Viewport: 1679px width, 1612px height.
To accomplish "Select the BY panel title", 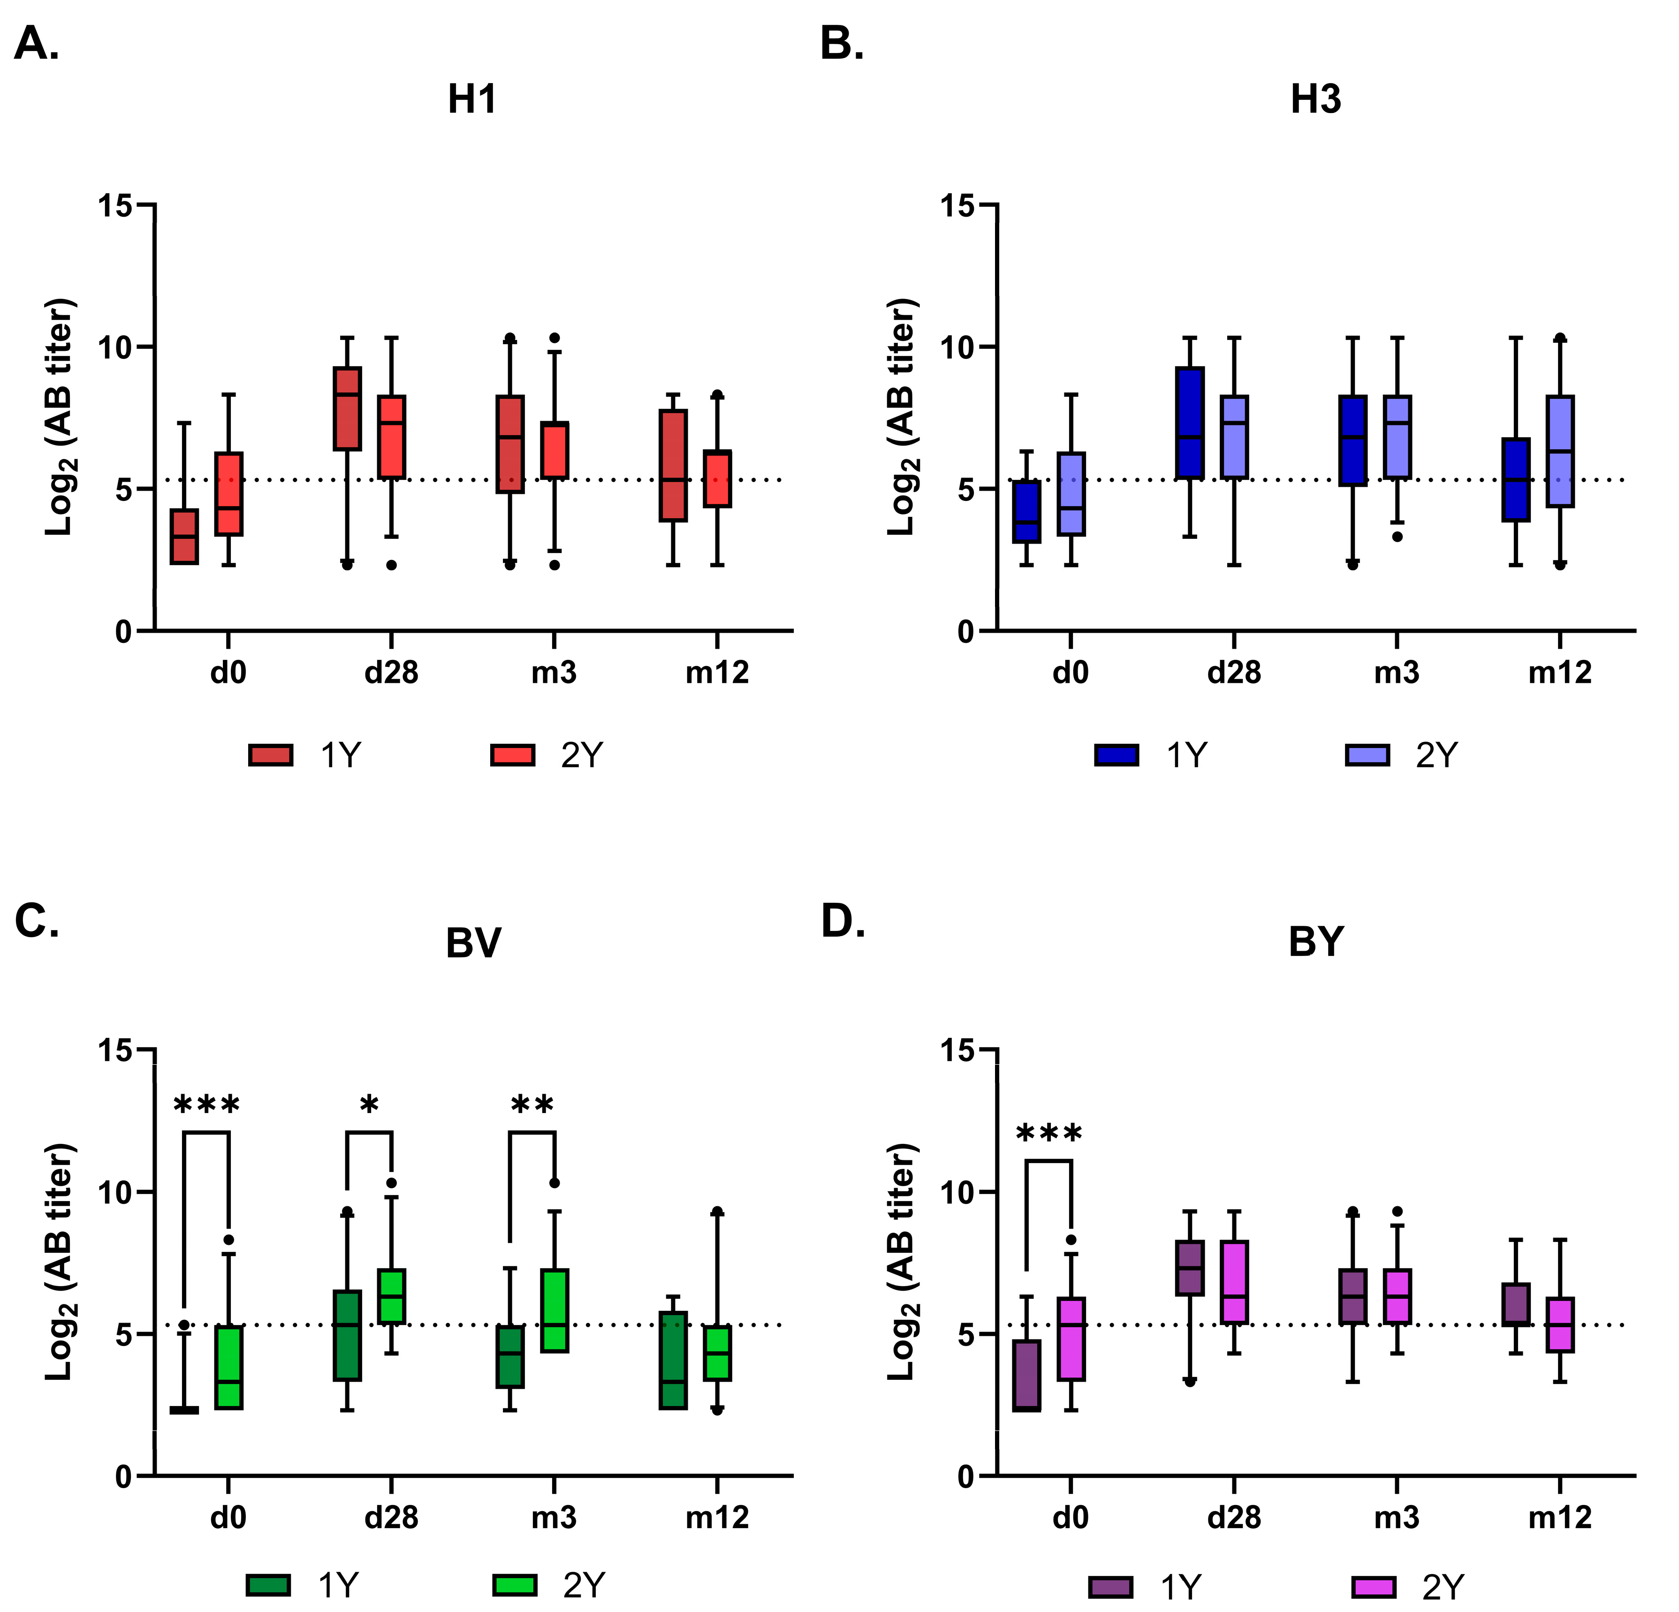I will pos(1316,942).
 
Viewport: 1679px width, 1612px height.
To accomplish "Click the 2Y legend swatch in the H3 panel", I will pos(1367,755).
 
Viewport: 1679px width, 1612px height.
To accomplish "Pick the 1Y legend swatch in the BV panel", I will pos(268,1585).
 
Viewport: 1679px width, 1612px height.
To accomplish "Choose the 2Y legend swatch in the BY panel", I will pos(1374,1587).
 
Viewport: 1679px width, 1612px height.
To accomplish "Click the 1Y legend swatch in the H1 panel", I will pos(271,755).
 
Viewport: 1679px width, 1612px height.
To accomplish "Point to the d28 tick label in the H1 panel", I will pos(391,673).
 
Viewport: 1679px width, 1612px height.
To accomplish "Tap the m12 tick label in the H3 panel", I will pos(1560,673).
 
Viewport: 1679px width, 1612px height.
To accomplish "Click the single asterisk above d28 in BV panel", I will pos(369,1105).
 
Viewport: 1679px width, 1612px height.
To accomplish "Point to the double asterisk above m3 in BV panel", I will pos(532,1105).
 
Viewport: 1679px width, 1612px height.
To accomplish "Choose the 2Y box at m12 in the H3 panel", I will pos(1560,451).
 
